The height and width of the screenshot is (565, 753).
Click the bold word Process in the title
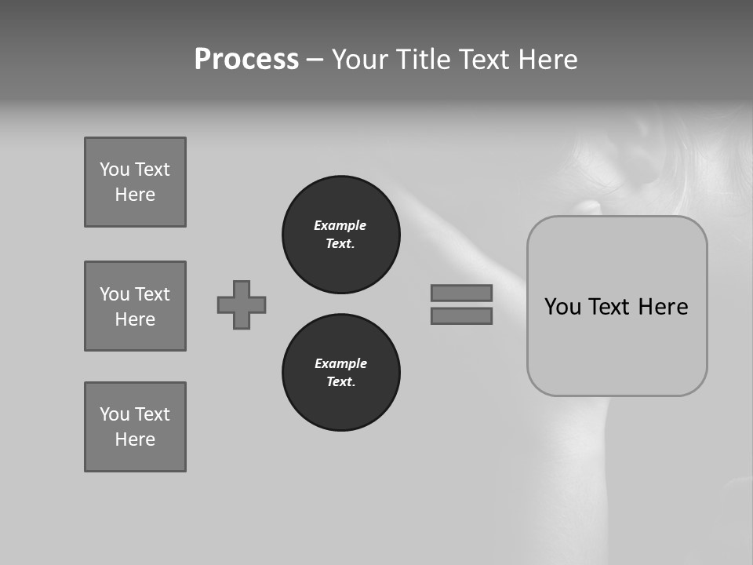(246, 60)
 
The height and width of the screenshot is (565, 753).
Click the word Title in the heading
(424, 60)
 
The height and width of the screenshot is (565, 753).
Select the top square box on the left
(135, 182)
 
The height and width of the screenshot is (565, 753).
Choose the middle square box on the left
(135, 306)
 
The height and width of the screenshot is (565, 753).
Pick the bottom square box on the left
(135, 427)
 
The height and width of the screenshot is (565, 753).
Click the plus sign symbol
(242, 304)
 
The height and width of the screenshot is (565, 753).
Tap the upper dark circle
(340, 235)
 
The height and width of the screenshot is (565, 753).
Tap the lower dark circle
(340, 373)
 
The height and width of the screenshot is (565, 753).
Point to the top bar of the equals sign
(461, 293)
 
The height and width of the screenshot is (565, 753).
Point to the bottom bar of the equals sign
(461, 315)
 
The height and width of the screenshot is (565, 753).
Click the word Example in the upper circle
(340, 225)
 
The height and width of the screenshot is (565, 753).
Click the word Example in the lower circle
(340, 363)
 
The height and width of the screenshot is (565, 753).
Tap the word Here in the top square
(135, 195)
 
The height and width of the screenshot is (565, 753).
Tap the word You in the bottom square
(115, 414)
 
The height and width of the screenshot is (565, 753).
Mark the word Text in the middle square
(152, 294)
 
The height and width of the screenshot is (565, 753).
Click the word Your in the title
(360, 60)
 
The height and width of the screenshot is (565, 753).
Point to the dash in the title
(315, 60)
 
